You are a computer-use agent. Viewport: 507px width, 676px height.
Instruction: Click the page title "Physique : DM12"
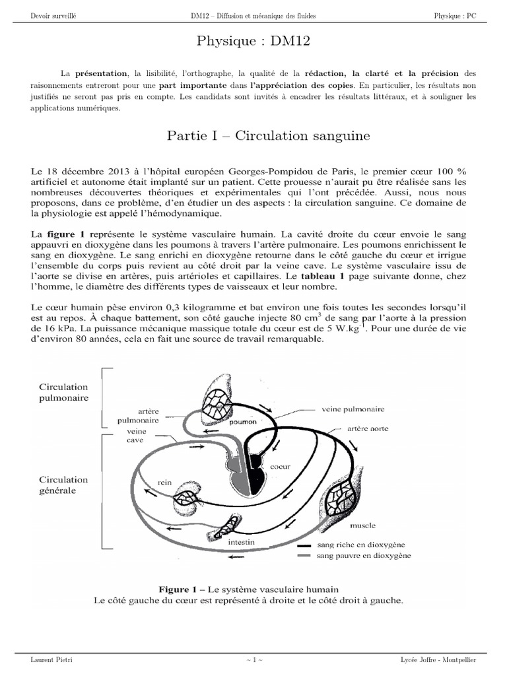pyautogui.click(x=253, y=42)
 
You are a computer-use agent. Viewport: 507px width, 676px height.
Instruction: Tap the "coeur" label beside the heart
pyautogui.click(x=285, y=466)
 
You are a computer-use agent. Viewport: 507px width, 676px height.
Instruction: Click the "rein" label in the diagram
pyautogui.click(x=164, y=483)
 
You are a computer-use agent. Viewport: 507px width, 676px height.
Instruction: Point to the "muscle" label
pyautogui.click(x=362, y=525)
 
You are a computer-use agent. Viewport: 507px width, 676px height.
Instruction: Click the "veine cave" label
pyautogui.click(x=136, y=438)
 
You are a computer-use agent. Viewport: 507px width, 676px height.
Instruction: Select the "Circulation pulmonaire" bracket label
pyautogui.click(x=64, y=393)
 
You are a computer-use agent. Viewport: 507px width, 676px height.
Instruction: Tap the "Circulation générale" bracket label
pyautogui.click(x=63, y=485)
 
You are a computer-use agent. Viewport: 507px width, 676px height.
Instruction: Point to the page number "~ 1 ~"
pyautogui.click(x=253, y=659)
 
